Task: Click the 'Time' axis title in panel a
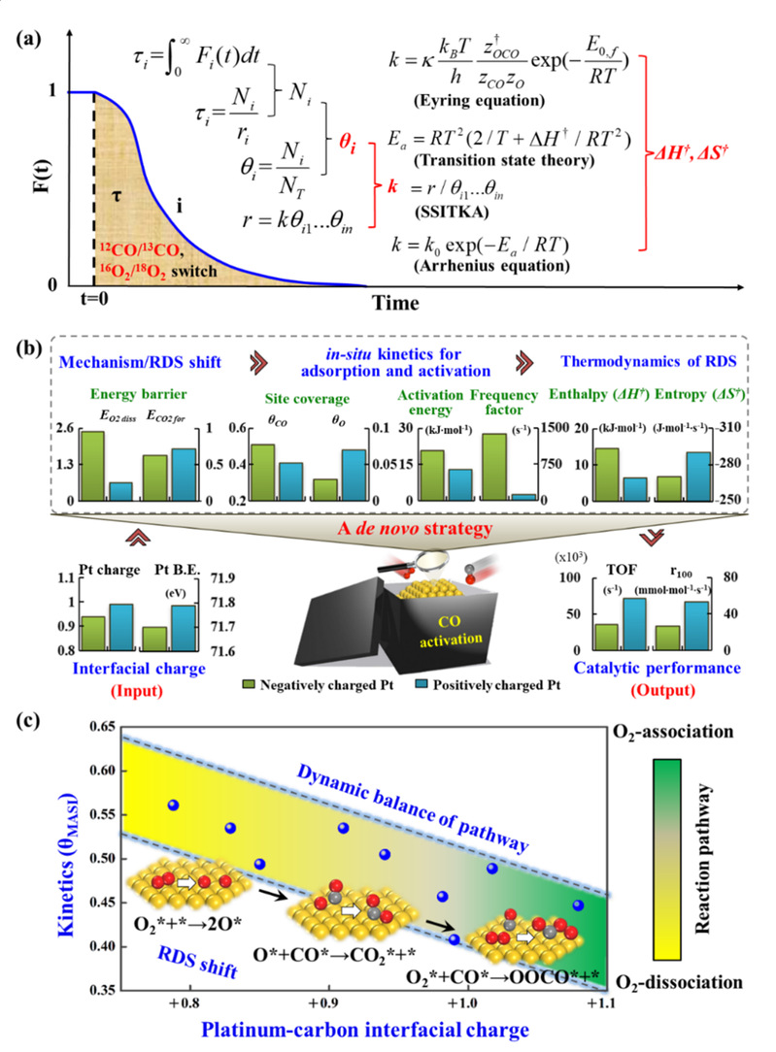[x=395, y=303]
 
